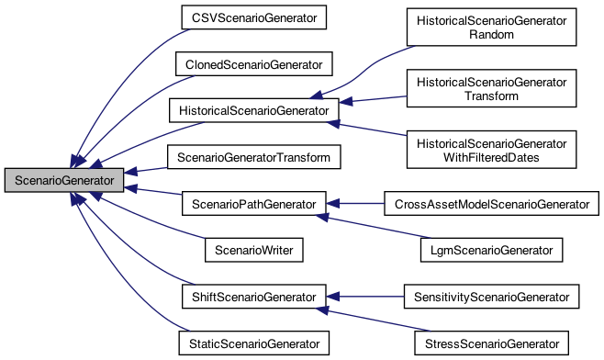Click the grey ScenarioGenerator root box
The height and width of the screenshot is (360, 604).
click(63, 181)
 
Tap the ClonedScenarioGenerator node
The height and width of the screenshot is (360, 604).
click(254, 64)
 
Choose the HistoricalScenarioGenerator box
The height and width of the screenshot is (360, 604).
click(253, 111)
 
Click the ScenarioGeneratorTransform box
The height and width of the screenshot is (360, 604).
click(253, 158)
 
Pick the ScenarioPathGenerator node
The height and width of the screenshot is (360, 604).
click(253, 202)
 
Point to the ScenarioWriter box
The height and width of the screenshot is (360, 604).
click(253, 249)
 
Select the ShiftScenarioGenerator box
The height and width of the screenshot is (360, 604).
click(253, 297)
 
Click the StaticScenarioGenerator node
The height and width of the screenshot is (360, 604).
click(253, 343)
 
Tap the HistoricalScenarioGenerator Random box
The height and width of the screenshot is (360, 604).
click(490, 27)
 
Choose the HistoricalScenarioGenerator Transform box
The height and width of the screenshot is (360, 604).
click(490, 88)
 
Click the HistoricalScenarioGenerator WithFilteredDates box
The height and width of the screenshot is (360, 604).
click(490, 150)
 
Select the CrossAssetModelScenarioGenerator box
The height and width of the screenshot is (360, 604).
click(490, 202)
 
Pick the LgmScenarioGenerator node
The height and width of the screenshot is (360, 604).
click(490, 249)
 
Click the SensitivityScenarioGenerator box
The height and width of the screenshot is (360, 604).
click(490, 297)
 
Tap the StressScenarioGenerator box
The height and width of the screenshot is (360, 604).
click(490, 343)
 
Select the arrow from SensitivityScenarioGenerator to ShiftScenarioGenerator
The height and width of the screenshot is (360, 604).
click(367, 297)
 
